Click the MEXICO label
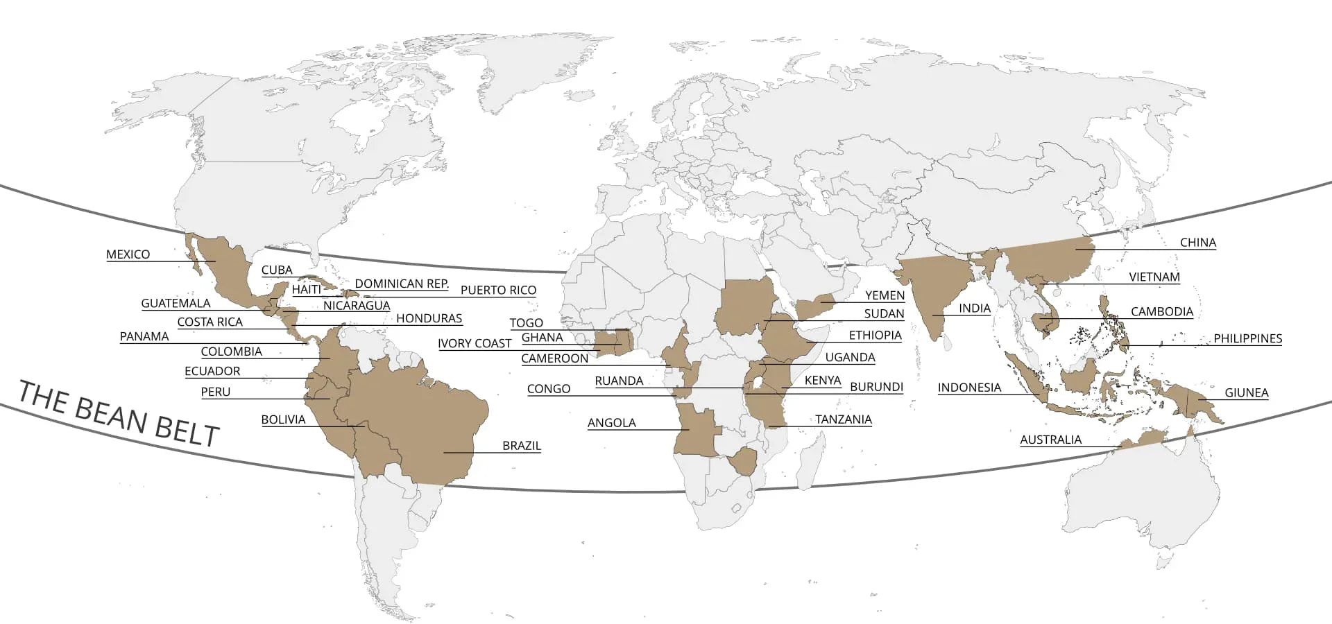pos(128,254)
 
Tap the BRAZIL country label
pos(521,446)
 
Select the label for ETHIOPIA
pos(875,336)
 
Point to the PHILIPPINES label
pos(1247,339)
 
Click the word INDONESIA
pos(969,388)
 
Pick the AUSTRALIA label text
pos(1050,440)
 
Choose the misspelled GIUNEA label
pos(1246,392)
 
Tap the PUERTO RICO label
pos(498,291)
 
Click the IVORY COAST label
pos(475,344)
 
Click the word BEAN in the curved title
pos(110,414)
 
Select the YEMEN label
pos(885,295)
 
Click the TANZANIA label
pos(843,419)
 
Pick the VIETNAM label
pos(1154,277)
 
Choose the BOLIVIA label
pos(283,419)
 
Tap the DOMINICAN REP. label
pos(402,284)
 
